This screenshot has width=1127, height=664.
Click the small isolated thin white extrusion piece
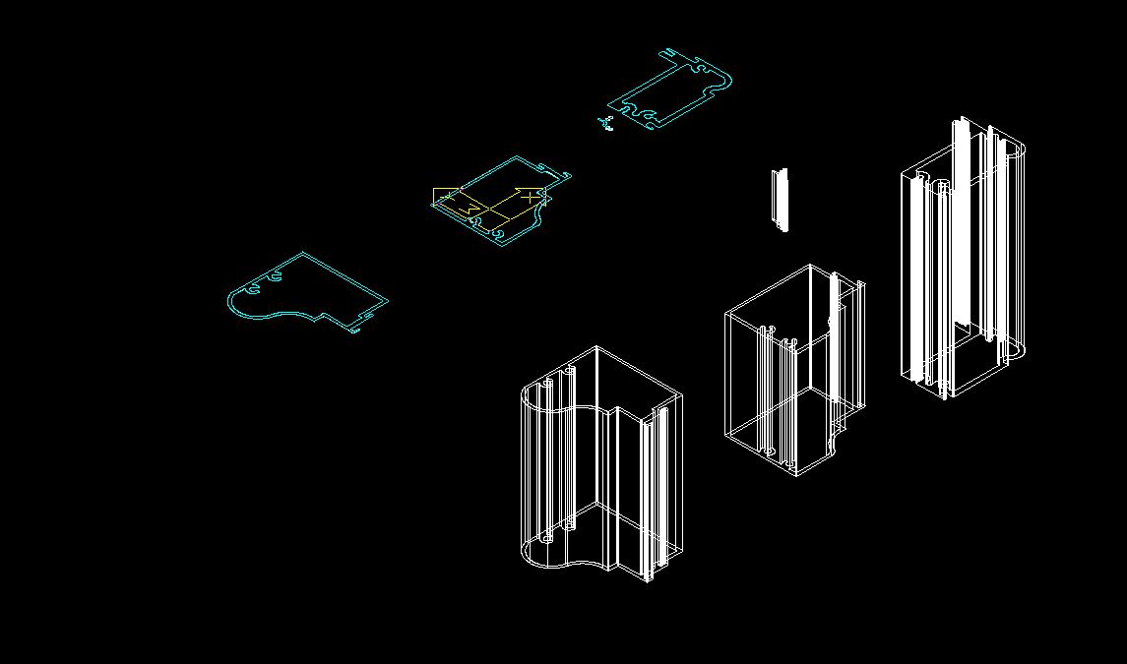780,200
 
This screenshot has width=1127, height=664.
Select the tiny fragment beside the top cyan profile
604,124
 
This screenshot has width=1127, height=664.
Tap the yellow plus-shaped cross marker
532,196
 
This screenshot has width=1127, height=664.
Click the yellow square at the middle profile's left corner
444,197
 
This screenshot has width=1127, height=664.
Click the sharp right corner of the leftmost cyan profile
386,301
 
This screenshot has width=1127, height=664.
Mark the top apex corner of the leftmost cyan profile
302,254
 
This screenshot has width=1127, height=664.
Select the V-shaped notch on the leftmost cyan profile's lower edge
317,318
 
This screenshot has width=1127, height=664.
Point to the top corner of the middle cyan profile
516,157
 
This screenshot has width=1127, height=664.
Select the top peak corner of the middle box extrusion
809,266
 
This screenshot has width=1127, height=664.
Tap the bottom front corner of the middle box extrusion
795,475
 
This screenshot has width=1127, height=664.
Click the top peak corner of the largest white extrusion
595,347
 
